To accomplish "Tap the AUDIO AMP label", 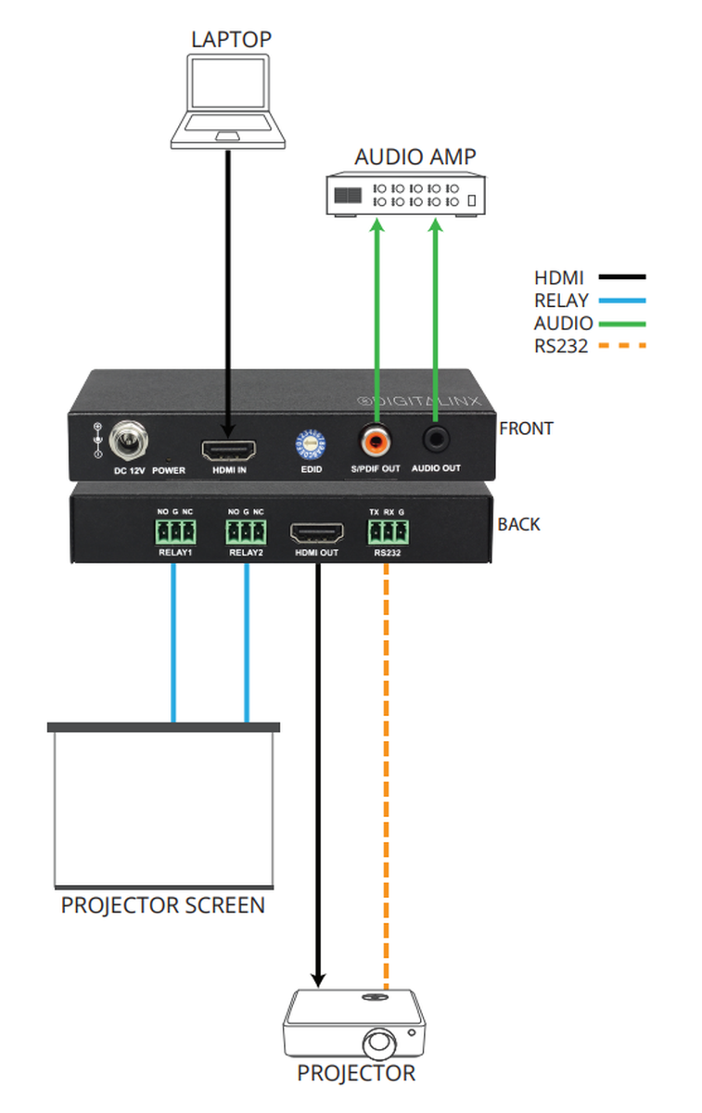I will [415, 157].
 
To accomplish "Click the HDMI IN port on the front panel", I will [230, 450].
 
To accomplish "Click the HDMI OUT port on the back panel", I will [316, 533].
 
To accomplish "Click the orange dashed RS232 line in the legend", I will [622, 346].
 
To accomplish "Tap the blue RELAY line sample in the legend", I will [622, 301].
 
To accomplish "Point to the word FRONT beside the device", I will [526, 429].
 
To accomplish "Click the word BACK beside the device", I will [518, 524].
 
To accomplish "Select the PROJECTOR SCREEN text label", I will [163, 905].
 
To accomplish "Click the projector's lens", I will [380, 1043].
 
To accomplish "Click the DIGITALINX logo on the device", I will [417, 400].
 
